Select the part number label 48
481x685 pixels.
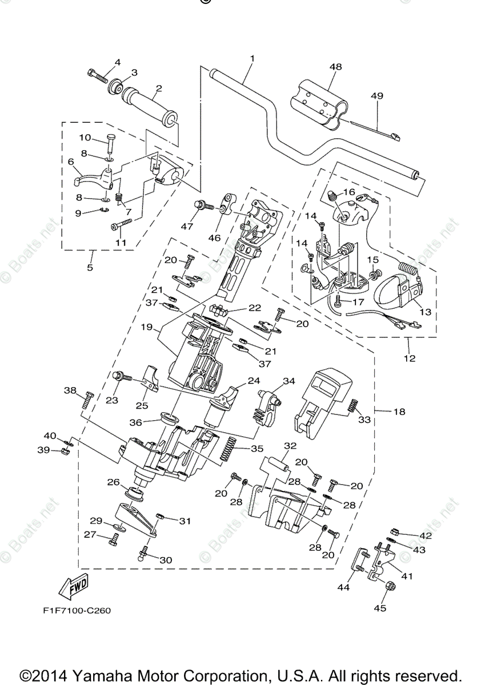pos(335,67)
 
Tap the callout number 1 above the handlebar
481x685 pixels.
pos(252,58)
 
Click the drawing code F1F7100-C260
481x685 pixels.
pos(77,610)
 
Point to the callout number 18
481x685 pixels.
pos(399,411)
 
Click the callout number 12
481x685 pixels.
pos(410,359)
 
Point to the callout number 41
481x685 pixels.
pos(407,576)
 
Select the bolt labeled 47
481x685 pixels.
pos(203,206)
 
